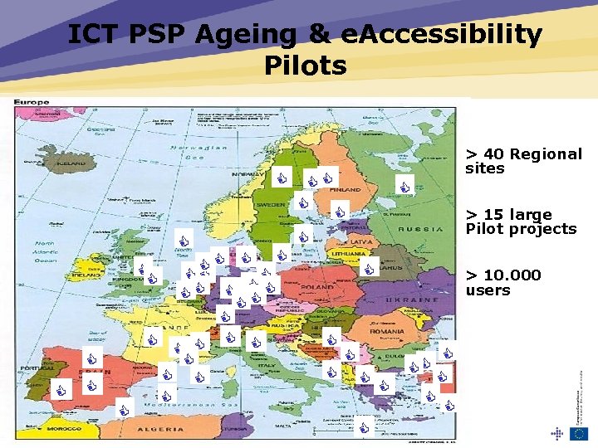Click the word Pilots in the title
click(x=305, y=65)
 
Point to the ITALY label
click(x=267, y=365)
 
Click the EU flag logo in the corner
click(x=579, y=432)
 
